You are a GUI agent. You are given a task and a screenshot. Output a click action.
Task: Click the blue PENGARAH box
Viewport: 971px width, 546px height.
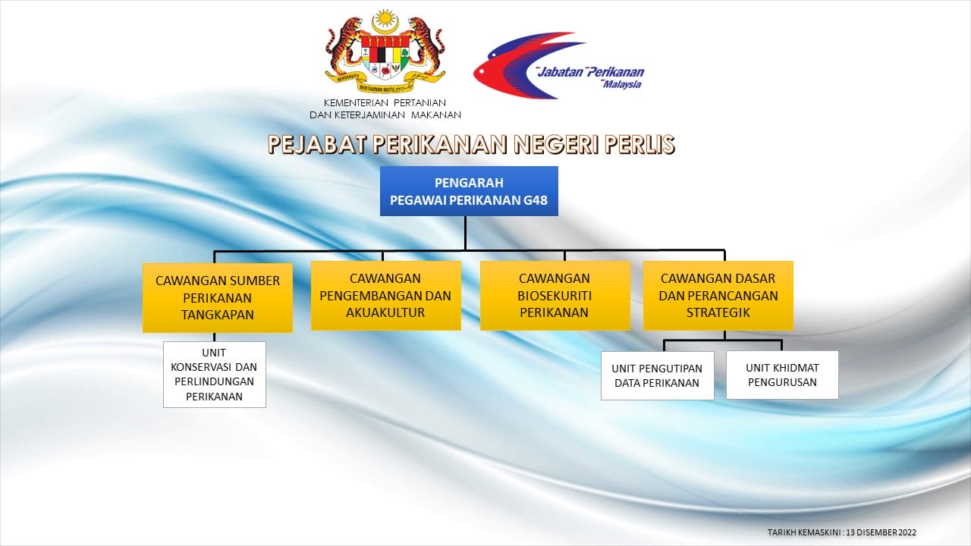coord(469,191)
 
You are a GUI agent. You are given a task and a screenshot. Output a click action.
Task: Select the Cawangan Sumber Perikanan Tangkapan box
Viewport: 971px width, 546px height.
coord(218,298)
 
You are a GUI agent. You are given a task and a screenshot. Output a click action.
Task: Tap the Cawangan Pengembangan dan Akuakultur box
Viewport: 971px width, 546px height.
coord(386,296)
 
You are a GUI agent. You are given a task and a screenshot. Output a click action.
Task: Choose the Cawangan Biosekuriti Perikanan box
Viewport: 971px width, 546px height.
coord(555,296)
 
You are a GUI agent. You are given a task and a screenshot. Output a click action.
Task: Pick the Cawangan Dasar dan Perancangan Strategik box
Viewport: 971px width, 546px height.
coord(718,296)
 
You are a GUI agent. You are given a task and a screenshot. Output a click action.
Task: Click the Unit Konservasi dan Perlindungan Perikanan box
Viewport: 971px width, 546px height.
coord(215,375)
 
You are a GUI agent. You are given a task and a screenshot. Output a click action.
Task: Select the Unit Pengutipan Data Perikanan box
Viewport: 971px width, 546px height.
coord(657,375)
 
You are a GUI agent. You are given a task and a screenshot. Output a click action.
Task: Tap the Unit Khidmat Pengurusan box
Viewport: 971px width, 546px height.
coord(782,375)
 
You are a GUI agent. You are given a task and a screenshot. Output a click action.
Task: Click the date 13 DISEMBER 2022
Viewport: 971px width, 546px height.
coord(881,532)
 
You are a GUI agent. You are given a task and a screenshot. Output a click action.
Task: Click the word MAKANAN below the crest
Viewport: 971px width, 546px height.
coord(435,115)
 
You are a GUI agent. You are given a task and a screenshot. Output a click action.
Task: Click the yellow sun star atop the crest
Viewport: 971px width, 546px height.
coord(385,19)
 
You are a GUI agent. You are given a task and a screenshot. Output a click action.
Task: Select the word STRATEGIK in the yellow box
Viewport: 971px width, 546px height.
coord(718,312)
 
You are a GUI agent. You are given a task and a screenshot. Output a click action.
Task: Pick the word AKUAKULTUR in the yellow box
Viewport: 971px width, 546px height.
coord(385,312)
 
